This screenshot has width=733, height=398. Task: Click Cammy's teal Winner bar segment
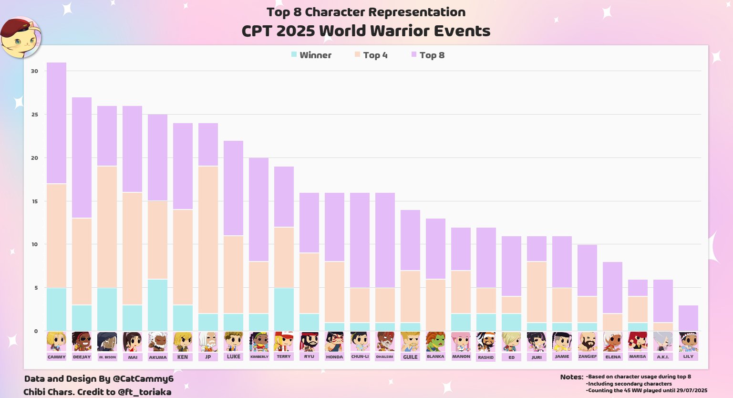tap(56, 309)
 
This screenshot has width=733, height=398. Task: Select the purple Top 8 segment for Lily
tap(688, 318)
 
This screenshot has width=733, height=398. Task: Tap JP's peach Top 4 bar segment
tap(208, 240)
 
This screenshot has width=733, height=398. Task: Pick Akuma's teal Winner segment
tap(157, 305)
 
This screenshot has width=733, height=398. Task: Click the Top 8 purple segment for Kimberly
tap(259, 209)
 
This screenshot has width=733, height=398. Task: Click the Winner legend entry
tap(311, 55)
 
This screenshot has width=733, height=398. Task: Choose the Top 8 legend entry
tap(428, 55)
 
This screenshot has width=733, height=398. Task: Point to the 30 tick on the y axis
tap(34, 71)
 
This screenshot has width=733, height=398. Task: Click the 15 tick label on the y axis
tap(34, 201)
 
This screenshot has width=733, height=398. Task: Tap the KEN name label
tap(183, 357)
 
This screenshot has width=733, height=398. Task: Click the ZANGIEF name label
tap(588, 356)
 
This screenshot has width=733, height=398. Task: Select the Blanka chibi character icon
tap(435, 342)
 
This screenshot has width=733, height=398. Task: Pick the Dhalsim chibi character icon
tap(385, 342)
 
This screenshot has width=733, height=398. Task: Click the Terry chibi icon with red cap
tap(284, 342)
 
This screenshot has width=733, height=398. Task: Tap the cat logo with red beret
tap(20, 37)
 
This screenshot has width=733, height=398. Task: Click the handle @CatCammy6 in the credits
tap(143, 379)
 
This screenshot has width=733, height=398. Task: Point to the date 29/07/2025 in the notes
tap(692, 390)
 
